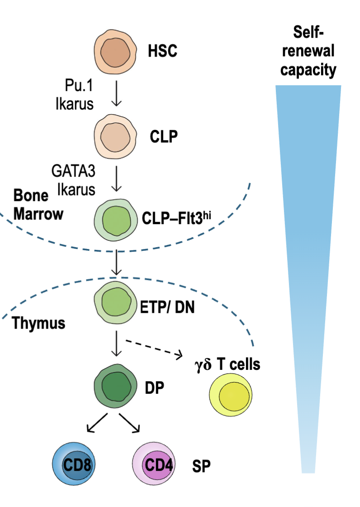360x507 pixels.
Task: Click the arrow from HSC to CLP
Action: (117, 93)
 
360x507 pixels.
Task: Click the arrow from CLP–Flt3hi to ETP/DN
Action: (117, 263)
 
